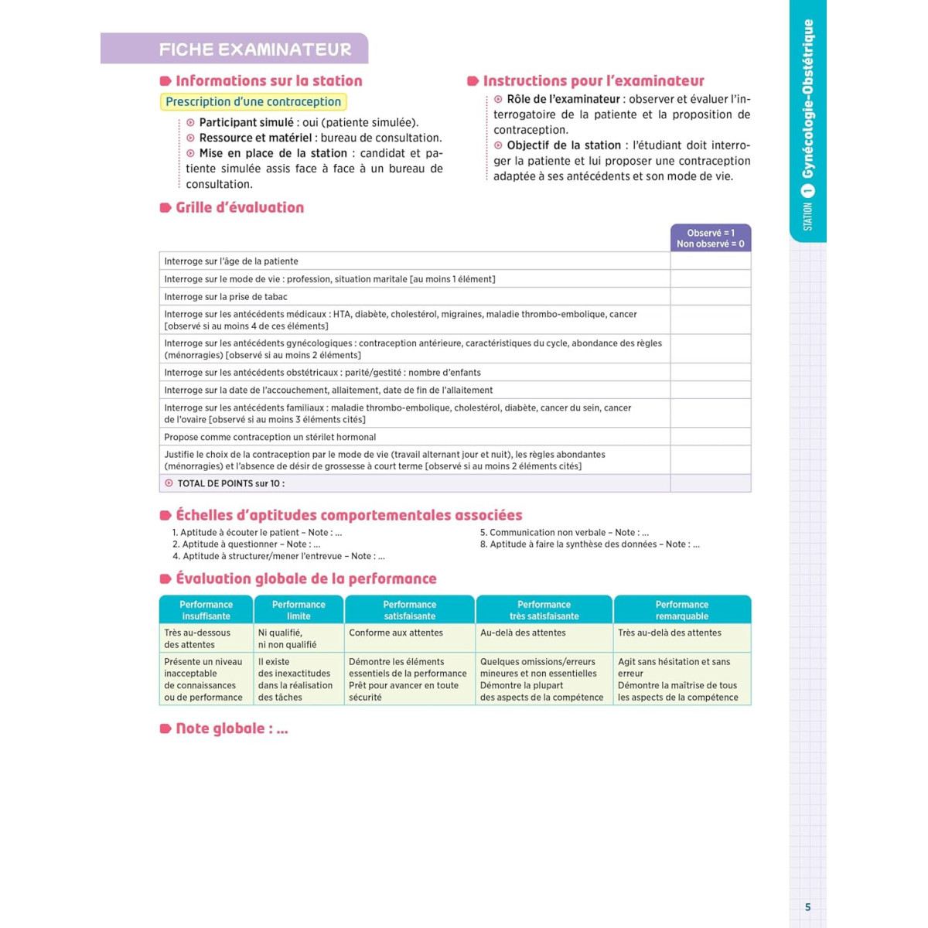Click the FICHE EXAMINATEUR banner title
[255, 49]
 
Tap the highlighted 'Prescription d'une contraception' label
[253, 102]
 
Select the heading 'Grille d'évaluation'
[240, 207]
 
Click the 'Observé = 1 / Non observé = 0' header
[710, 238]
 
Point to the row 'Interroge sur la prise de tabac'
[226, 297]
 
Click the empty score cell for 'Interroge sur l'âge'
[710, 261]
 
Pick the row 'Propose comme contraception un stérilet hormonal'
[270, 437]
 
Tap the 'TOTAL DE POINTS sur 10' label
[230, 483]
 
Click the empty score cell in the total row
[710, 483]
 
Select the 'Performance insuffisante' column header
[206, 610]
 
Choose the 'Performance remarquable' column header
[681, 610]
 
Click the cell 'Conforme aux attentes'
[396, 633]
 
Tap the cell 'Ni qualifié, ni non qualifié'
[287, 639]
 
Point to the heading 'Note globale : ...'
[231, 728]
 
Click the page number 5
[808, 907]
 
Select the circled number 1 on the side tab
[808, 190]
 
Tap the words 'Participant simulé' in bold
[246, 122]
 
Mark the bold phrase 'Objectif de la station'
[564, 145]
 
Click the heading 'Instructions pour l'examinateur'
[593, 81]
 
